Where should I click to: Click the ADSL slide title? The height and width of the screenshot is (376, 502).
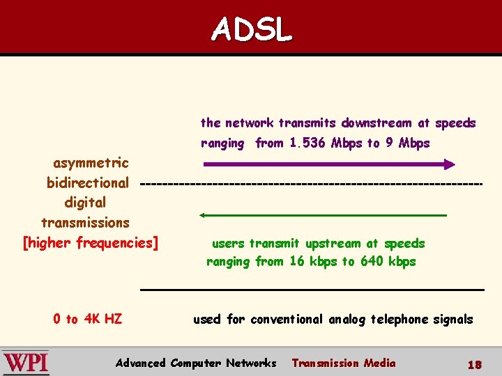click(x=252, y=29)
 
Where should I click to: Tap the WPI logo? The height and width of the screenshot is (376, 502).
click(x=26, y=363)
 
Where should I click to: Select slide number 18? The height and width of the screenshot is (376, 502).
click(x=474, y=364)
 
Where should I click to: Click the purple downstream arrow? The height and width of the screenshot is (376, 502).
click(x=328, y=164)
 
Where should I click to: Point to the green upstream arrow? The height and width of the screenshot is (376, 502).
click(x=323, y=215)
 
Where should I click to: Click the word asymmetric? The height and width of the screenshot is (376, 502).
click(x=91, y=164)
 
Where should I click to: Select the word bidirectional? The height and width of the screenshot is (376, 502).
click(x=88, y=183)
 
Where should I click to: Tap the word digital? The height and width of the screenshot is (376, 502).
click(x=85, y=203)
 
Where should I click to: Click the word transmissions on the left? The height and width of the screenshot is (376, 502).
click(x=85, y=223)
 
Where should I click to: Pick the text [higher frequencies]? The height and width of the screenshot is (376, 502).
click(x=91, y=242)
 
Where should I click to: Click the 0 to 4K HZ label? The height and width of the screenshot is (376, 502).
click(x=88, y=319)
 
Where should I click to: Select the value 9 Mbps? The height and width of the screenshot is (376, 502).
click(x=408, y=143)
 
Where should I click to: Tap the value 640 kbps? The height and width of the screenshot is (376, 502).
click(x=388, y=262)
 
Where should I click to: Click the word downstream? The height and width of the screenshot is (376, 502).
click(x=376, y=123)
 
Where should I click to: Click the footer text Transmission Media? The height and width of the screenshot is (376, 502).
click(x=343, y=363)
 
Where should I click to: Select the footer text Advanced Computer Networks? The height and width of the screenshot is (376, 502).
click(x=196, y=363)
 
